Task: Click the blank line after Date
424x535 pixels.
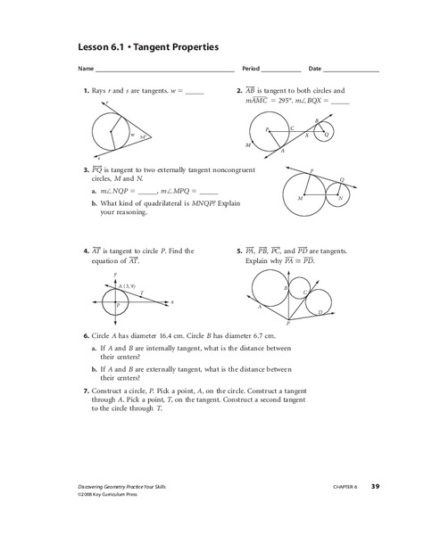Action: pyautogui.click(x=352, y=70)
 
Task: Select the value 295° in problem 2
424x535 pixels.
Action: pyautogui.click(x=291, y=103)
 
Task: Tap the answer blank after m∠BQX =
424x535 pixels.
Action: pyautogui.click(x=340, y=103)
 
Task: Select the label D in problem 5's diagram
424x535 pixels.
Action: pyautogui.click(x=320, y=311)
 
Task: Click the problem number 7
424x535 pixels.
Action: pyautogui.click(x=85, y=391)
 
